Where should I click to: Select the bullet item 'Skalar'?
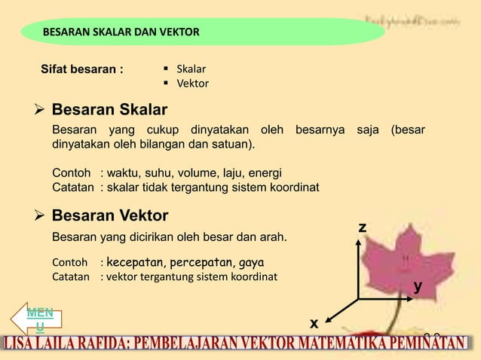point(191,69)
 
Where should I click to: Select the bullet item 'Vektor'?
point(192,84)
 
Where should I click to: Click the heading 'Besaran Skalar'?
point(109,111)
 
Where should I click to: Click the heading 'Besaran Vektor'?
point(110,216)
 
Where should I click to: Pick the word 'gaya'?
point(251,263)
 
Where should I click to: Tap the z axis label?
point(363,227)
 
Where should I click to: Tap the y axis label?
point(417,286)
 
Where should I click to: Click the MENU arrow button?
point(38,319)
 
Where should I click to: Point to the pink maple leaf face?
point(408,261)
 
